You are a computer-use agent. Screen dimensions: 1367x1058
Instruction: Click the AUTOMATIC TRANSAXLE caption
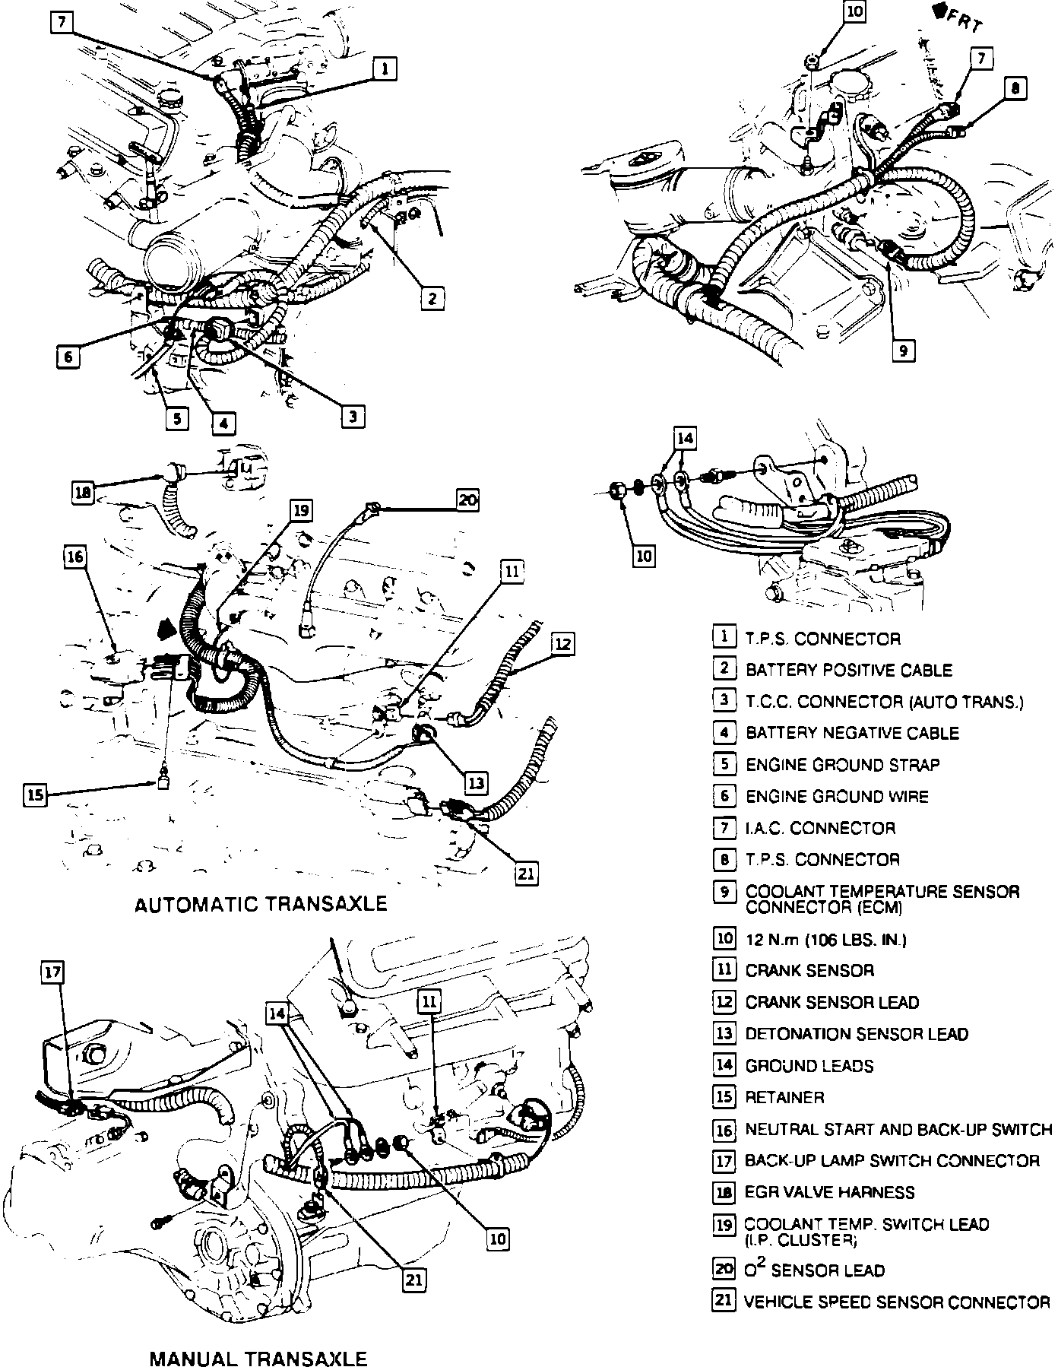tap(261, 904)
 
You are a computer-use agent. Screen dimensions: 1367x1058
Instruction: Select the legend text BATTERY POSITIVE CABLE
tap(848, 671)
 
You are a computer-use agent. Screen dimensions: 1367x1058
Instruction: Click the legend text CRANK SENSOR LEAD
tap(832, 1003)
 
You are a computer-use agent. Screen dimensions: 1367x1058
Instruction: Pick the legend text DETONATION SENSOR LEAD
tap(857, 1035)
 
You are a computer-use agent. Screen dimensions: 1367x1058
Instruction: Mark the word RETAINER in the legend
tap(784, 1098)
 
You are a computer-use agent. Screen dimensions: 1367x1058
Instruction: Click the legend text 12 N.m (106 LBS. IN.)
tap(825, 940)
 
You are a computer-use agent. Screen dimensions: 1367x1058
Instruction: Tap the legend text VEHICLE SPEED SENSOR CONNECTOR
tap(897, 1302)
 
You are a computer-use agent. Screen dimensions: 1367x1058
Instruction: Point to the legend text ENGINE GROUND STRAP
tap(842, 765)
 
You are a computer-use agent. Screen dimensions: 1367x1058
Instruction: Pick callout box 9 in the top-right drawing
tap(903, 350)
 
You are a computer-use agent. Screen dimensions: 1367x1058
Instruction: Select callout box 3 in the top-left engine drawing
tap(353, 416)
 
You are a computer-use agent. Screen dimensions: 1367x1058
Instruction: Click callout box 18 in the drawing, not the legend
tap(83, 493)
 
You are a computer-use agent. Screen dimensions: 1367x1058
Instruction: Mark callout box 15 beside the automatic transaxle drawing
tap(35, 795)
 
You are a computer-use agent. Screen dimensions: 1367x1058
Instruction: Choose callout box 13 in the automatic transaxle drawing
tap(475, 782)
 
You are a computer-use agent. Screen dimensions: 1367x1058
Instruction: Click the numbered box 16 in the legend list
tap(724, 1130)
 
